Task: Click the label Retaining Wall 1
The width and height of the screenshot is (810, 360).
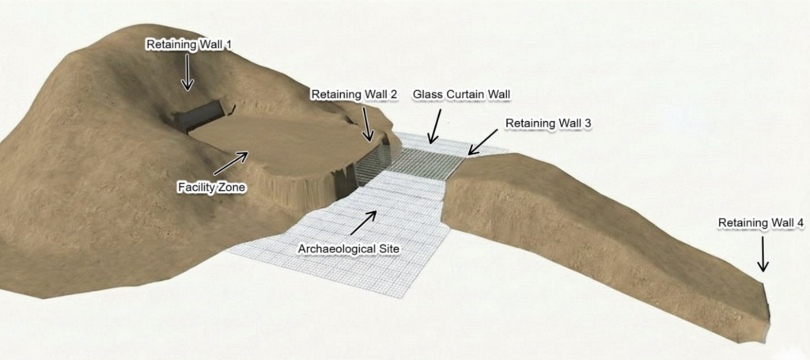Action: [x=189, y=45]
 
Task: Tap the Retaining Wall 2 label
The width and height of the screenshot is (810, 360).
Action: [x=354, y=94]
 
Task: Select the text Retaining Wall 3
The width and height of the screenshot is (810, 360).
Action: [x=548, y=123]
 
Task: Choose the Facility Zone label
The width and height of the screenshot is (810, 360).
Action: [x=211, y=188]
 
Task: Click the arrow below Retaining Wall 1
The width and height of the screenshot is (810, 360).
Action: [x=187, y=72]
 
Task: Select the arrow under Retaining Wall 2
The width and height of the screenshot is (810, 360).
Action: [x=367, y=123]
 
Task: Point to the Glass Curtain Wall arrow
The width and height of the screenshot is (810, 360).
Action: [x=436, y=126]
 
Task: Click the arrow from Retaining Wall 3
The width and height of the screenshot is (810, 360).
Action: [x=483, y=142]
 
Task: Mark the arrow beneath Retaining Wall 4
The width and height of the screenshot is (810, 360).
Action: [x=763, y=253]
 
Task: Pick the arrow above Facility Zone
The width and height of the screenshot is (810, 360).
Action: [x=231, y=163]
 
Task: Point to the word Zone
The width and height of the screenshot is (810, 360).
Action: [x=233, y=188]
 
